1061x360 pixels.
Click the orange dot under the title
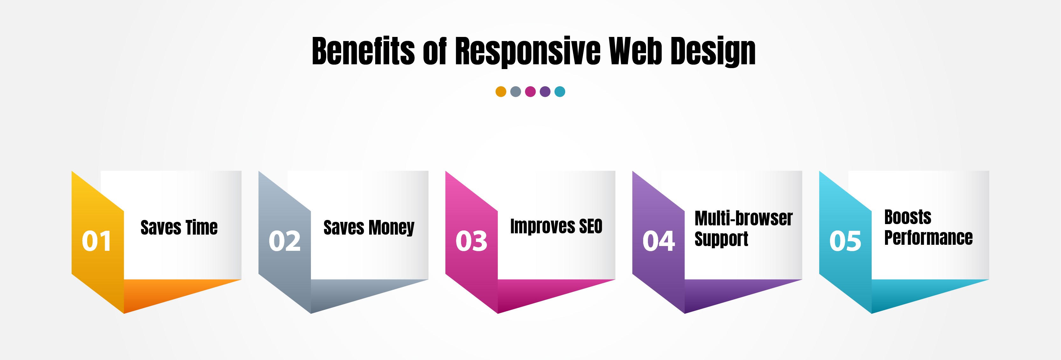click(501, 91)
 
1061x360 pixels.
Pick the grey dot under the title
click(516, 91)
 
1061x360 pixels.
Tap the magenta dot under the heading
click(530, 91)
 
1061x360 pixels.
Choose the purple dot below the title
click(545, 91)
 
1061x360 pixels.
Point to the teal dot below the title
click(560, 91)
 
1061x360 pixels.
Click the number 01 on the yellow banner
click(96, 241)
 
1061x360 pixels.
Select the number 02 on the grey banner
click(284, 241)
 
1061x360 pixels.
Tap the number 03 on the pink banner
click(471, 241)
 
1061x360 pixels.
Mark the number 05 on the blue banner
click(845, 241)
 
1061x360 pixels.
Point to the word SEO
click(590, 226)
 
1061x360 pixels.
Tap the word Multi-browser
click(743, 218)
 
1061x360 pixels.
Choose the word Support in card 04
click(721, 239)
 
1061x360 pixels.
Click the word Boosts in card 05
click(908, 217)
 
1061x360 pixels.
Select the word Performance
click(928, 238)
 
